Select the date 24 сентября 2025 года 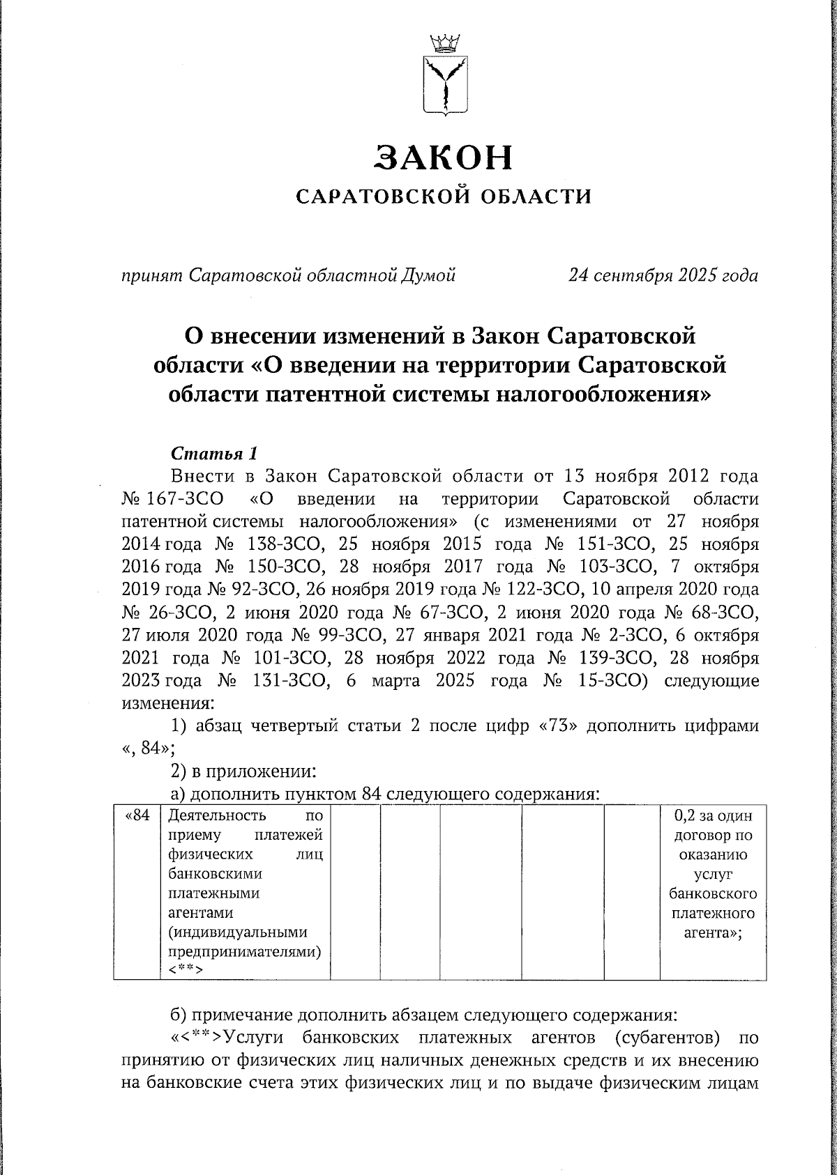[x=663, y=276]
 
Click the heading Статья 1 [x=215, y=454]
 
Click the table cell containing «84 [x=137, y=816]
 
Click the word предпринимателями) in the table [x=245, y=951]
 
